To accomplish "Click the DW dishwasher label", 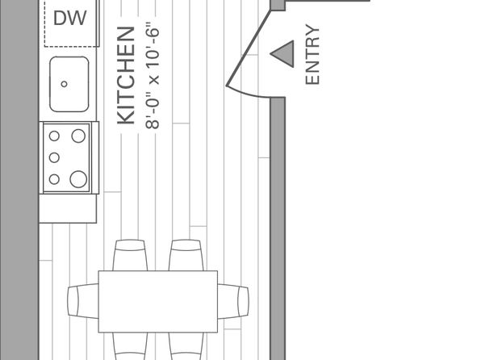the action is tap(70, 18).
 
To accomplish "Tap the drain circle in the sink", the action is tap(64, 84).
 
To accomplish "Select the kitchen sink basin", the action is tap(69, 84).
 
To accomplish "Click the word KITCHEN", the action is tap(126, 76).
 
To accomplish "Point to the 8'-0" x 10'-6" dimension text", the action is tap(153, 76).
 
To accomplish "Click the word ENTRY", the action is tap(312, 55).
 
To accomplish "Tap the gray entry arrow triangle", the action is tap(282, 54).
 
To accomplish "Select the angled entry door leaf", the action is tap(249, 48).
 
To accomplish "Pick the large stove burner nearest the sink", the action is tap(78, 136).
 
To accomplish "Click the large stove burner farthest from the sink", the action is tap(78, 179).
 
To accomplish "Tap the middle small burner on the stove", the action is tap(54, 157).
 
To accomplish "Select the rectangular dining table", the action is tap(158, 302).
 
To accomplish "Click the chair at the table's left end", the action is tap(83, 301).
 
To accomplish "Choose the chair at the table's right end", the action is tap(233, 301).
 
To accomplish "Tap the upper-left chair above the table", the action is tap(130, 255).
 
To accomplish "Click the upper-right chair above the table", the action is tap(186, 255).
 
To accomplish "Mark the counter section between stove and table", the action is tap(68, 209).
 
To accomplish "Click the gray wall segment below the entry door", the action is tap(278, 228).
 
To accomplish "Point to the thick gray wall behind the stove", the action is tap(19, 180).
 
